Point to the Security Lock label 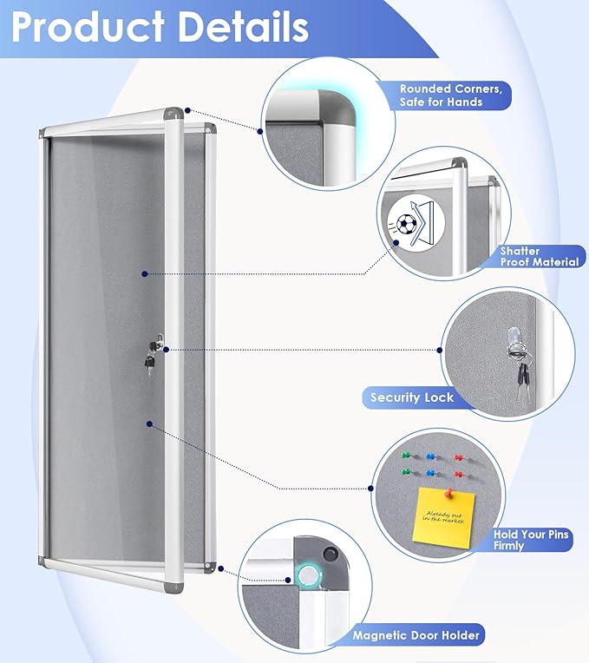412,397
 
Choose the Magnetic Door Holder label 416,635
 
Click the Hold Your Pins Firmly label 531,540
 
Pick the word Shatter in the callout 520,251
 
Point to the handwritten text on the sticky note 442,517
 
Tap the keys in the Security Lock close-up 520,374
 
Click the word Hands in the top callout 489,102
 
